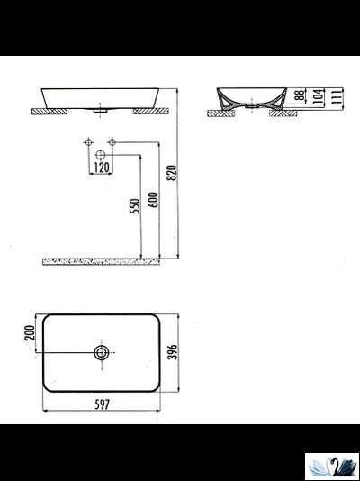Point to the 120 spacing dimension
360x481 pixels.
tap(101, 168)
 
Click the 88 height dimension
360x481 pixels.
tap(295, 94)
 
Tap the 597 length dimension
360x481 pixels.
tap(102, 404)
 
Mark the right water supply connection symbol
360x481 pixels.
tap(112, 141)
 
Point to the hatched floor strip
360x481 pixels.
tap(101, 261)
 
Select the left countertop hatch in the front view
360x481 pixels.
tap(52, 112)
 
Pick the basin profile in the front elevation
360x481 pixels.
tap(102, 96)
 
